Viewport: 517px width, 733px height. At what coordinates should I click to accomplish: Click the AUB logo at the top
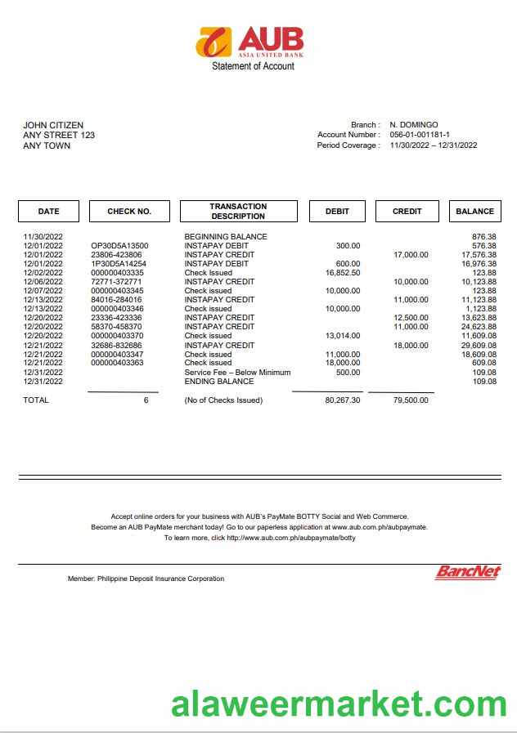click(250, 41)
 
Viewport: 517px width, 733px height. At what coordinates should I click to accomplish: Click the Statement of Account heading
click(253, 66)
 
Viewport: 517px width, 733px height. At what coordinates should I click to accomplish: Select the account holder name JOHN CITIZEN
click(53, 125)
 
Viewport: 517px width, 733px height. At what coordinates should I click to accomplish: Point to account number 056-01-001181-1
click(420, 135)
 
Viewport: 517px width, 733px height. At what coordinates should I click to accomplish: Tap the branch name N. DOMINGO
click(414, 125)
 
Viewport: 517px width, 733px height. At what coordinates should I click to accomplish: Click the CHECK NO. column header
click(129, 211)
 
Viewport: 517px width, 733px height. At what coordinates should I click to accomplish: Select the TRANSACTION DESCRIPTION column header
click(238, 211)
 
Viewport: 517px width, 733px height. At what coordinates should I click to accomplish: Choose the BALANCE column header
click(474, 211)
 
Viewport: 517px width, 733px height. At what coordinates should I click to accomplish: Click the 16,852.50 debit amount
click(343, 273)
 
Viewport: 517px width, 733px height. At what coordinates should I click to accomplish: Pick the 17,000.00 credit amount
click(411, 255)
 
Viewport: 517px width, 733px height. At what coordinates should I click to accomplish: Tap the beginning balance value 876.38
click(484, 237)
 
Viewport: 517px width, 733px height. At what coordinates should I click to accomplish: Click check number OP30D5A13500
click(119, 246)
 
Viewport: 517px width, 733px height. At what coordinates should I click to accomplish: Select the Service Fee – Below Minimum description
click(237, 373)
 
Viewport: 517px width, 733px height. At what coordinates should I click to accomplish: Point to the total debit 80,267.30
click(343, 400)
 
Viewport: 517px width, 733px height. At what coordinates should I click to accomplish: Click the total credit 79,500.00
click(411, 400)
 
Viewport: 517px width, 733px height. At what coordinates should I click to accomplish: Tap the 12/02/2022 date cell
click(43, 273)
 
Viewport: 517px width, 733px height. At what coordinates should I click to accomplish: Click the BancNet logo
click(467, 573)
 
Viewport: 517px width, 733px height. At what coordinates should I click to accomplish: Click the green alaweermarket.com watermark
click(339, 704)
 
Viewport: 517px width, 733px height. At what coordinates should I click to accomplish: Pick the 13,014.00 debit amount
click(343, 336)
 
